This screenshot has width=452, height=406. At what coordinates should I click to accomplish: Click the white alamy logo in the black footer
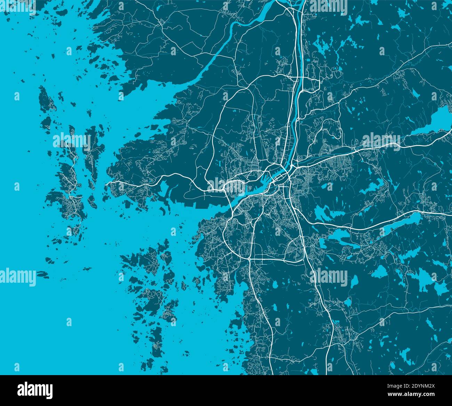35,390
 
